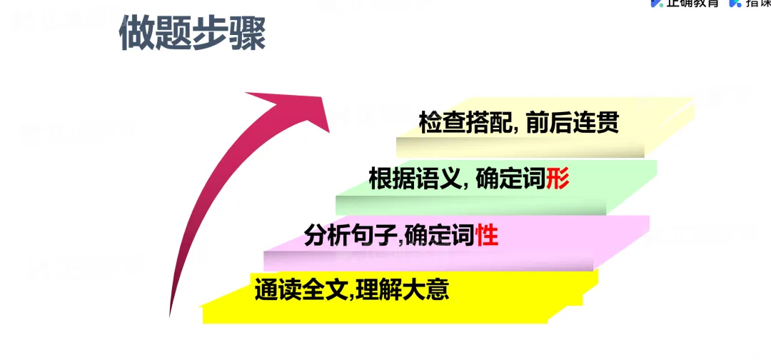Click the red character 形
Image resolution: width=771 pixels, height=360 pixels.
[x=558, y=179]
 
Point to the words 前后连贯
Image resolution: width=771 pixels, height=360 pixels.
[x=571, y=124]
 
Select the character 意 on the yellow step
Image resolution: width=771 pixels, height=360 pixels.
[x=438, y=291]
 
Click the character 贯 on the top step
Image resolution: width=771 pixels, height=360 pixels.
[x=606, y=124]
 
